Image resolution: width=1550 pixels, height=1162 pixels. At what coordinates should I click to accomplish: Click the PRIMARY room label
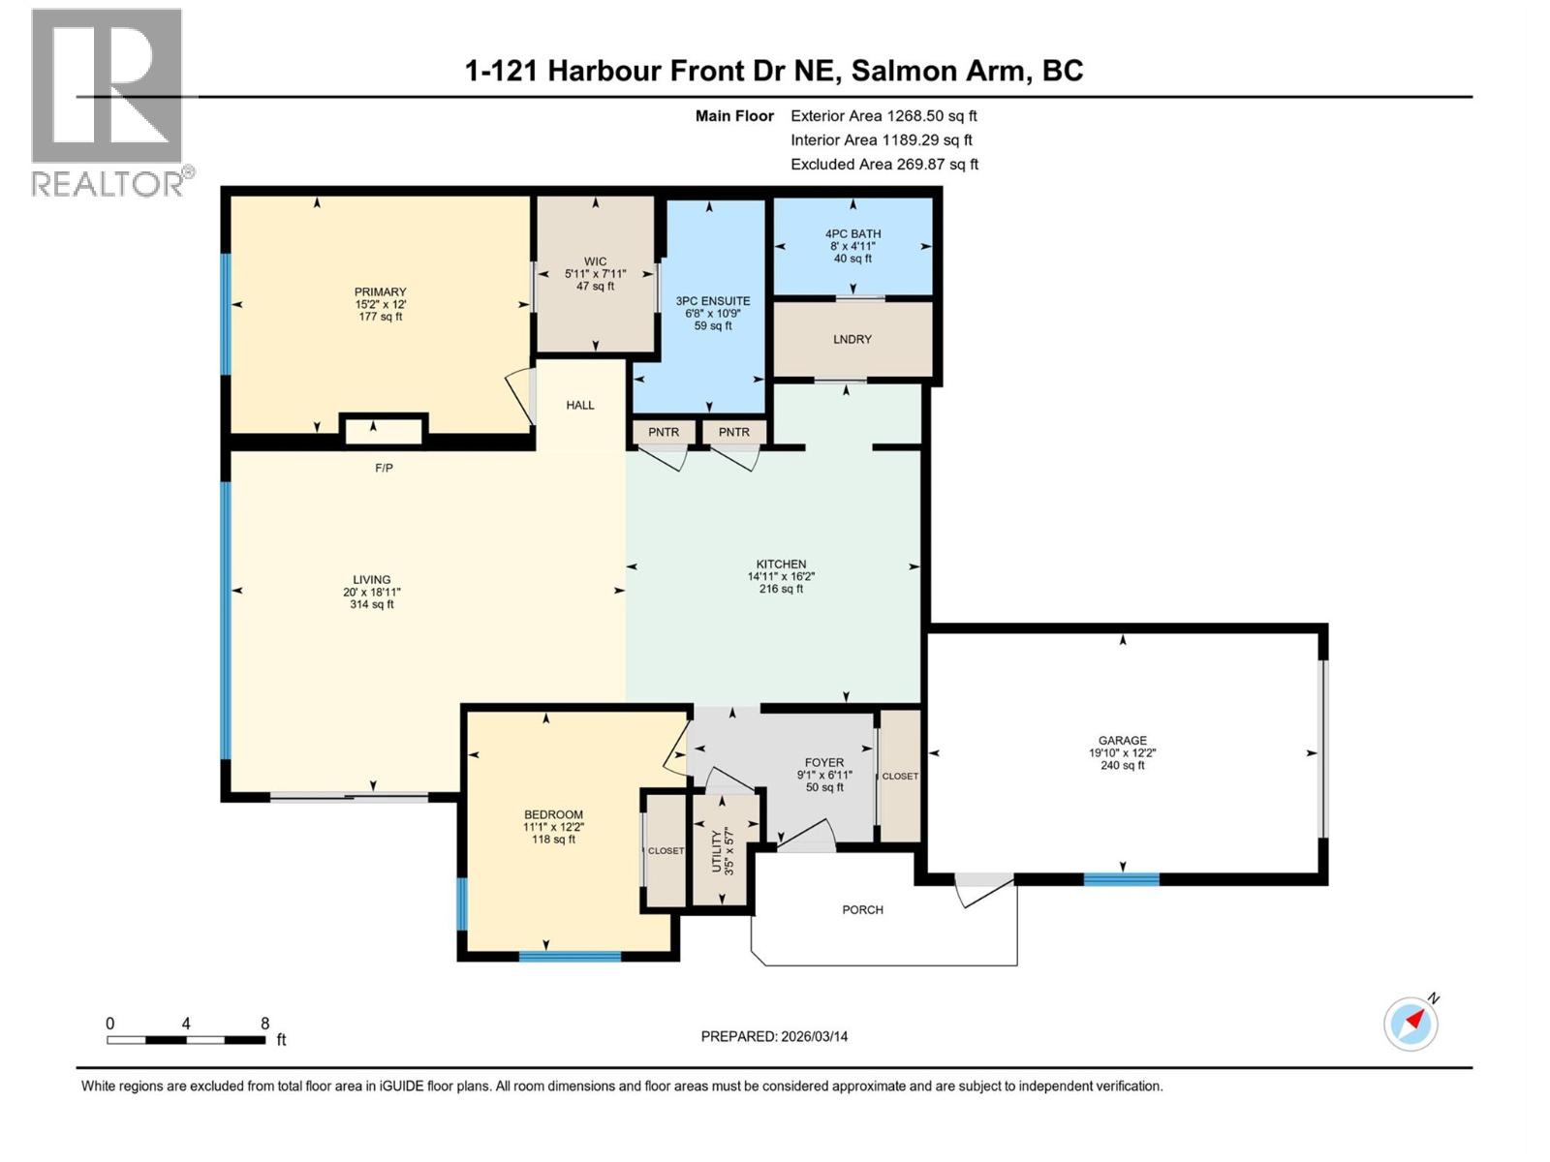point(380,292)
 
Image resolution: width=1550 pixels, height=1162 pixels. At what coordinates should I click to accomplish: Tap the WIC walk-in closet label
point(595,261)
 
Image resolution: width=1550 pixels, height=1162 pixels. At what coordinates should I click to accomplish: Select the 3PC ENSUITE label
point(713,301)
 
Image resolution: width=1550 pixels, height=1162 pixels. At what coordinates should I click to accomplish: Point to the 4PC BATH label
point(852,234)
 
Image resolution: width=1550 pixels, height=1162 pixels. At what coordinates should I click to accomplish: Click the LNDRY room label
point(852,339)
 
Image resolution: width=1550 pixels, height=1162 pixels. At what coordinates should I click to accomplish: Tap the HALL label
point(580,406)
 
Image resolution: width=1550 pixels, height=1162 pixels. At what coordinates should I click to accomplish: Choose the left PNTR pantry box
point(664,432)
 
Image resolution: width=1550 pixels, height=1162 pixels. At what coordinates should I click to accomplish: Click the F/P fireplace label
point(385,469)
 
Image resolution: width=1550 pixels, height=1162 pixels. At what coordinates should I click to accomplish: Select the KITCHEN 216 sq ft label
point(781,576)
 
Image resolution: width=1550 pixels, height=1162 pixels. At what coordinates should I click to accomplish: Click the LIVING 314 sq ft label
point(372,592)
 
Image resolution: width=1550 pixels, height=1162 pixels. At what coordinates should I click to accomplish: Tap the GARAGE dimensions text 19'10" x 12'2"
point(1122,752)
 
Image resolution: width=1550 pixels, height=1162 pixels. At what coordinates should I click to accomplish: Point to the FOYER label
point(824,762)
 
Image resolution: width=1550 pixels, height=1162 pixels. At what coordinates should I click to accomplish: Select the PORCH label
point(862,910)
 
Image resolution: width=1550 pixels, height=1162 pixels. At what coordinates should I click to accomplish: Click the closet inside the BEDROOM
point(666,850)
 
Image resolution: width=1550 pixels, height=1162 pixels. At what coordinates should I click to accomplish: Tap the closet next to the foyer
point(900,776)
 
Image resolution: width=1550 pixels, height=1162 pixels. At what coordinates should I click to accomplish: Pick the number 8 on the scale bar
point(265,1024)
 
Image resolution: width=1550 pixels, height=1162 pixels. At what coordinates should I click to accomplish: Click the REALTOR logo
point(107,102)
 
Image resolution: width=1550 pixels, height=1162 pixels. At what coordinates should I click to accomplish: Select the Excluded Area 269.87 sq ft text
point(883,165)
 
